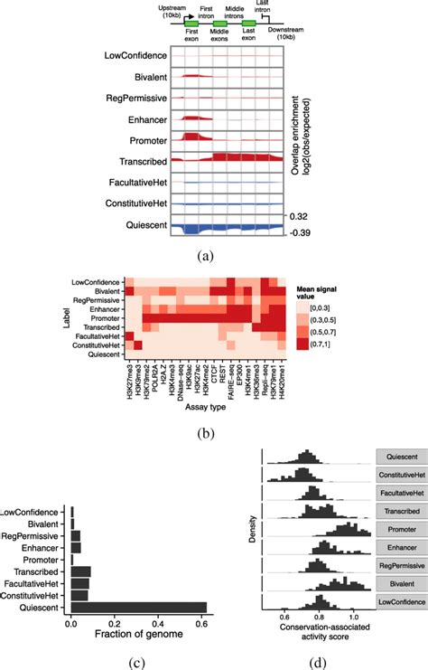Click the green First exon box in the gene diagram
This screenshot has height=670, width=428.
click(191, 22)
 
